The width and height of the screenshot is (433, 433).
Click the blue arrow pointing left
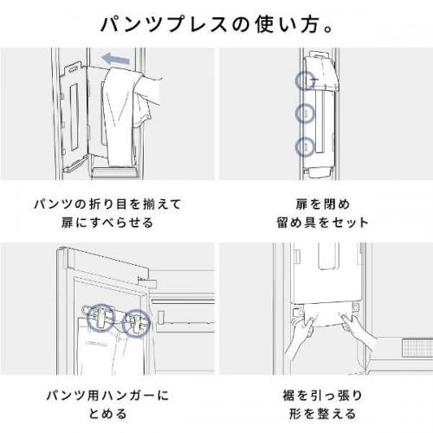[x=116, y=59]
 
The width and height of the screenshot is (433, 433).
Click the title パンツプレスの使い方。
[x=216, y=24]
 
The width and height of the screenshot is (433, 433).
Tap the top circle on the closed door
[x=305, y=81]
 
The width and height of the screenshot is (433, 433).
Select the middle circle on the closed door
[x=305, y=113]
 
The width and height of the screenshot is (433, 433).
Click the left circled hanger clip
[x=100, y=317]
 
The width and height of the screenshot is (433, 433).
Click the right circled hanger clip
[x=136, y=323]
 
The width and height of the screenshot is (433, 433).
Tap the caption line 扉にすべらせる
[x=107, y=223]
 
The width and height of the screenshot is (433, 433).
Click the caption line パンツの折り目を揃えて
[x=107, y=204]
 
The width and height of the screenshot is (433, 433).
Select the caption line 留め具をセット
[x=322, y=223]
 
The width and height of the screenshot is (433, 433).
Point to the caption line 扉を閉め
[x=323, y=204]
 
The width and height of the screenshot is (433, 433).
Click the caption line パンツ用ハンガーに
[x=107, y=396]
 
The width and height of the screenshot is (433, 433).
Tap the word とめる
[x=107, y=414]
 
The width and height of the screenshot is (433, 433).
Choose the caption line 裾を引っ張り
[x=322, y=396]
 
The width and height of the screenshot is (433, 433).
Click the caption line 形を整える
[x=322, y=414]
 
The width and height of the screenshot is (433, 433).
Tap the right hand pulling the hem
[x=358, y=332]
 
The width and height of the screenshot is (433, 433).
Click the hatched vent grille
[x=417, y=347]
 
